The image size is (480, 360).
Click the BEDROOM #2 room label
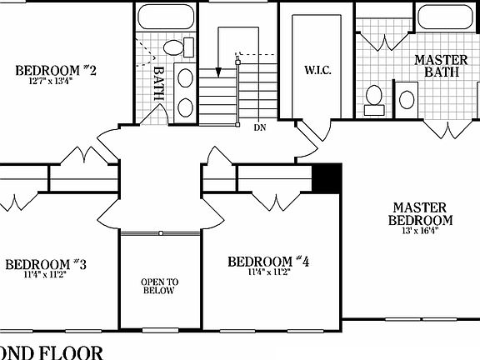[57, 69]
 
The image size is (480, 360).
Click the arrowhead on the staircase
[218, 72]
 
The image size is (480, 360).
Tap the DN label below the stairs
[259, 127]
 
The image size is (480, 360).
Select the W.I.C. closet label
[318, 69]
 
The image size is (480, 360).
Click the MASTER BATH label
[441, 67]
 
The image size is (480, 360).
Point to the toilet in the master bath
[374, 98]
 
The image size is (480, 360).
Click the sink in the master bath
[407, 97]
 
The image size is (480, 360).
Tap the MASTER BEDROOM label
[421, 213]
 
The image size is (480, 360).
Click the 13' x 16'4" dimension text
[421, 230]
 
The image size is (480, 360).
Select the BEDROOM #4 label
[268, 262]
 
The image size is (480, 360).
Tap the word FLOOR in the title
[72, 352]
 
